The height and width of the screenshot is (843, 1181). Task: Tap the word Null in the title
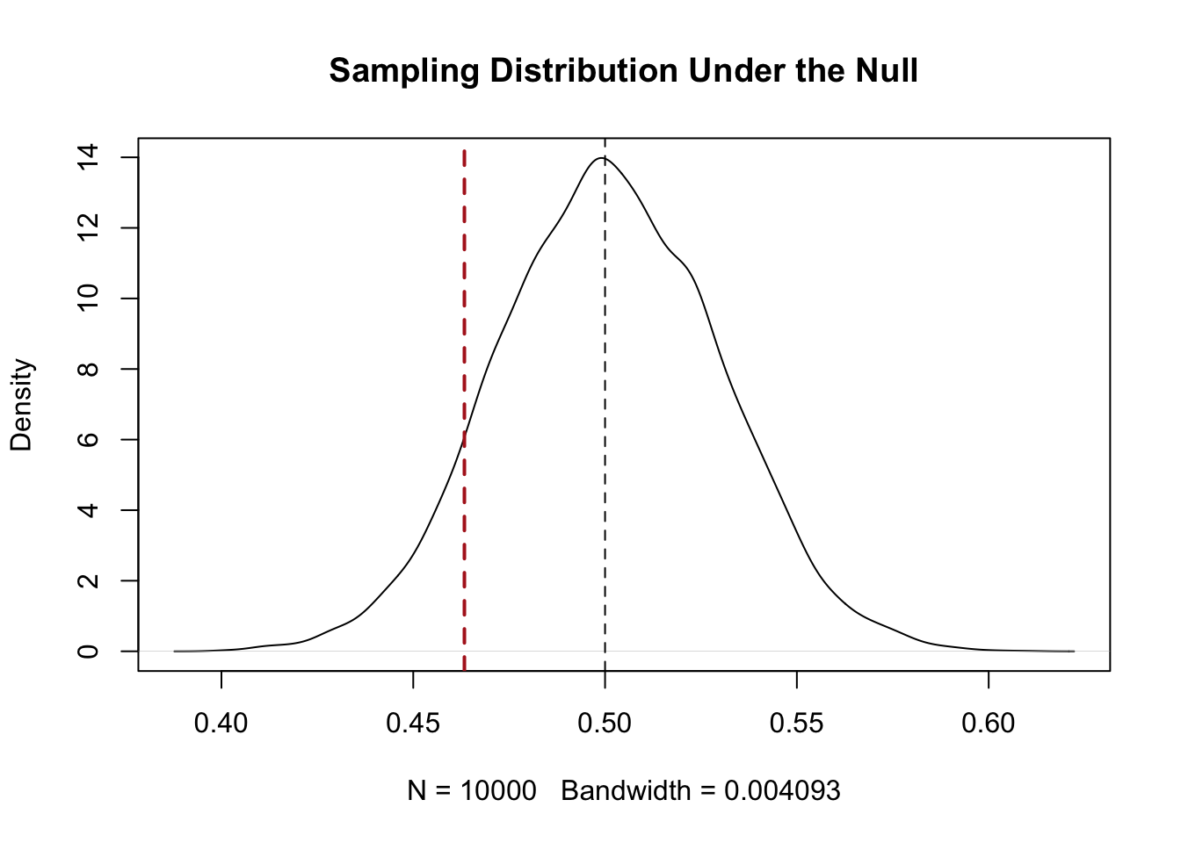(887, 70)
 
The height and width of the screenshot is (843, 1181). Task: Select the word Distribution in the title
(583, 70)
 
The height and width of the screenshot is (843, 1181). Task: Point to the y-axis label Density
(22, 405)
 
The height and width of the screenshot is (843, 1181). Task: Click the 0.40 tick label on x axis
(221, 723)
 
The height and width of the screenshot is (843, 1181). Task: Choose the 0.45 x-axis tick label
(413, 723)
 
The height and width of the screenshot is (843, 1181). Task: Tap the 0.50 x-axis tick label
(605, 723)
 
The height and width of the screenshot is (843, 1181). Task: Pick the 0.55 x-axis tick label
(797, 723)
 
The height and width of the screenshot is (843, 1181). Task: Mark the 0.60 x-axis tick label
(989, 723)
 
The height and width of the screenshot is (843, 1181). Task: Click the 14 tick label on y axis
(88, 157)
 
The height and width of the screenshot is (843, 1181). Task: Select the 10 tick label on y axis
(88, 299)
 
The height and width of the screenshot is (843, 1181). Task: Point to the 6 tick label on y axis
(88, 439)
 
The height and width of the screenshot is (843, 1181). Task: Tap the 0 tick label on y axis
(88, 652)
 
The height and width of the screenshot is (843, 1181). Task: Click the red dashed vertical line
(464, 410)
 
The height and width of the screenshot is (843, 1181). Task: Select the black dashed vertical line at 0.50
(605, 405)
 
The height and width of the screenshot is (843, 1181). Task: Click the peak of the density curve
(602, 157)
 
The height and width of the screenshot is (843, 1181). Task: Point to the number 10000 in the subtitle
(498, 791)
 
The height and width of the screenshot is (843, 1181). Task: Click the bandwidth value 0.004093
(782, 791)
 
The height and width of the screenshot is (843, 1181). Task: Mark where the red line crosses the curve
(464, 436)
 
